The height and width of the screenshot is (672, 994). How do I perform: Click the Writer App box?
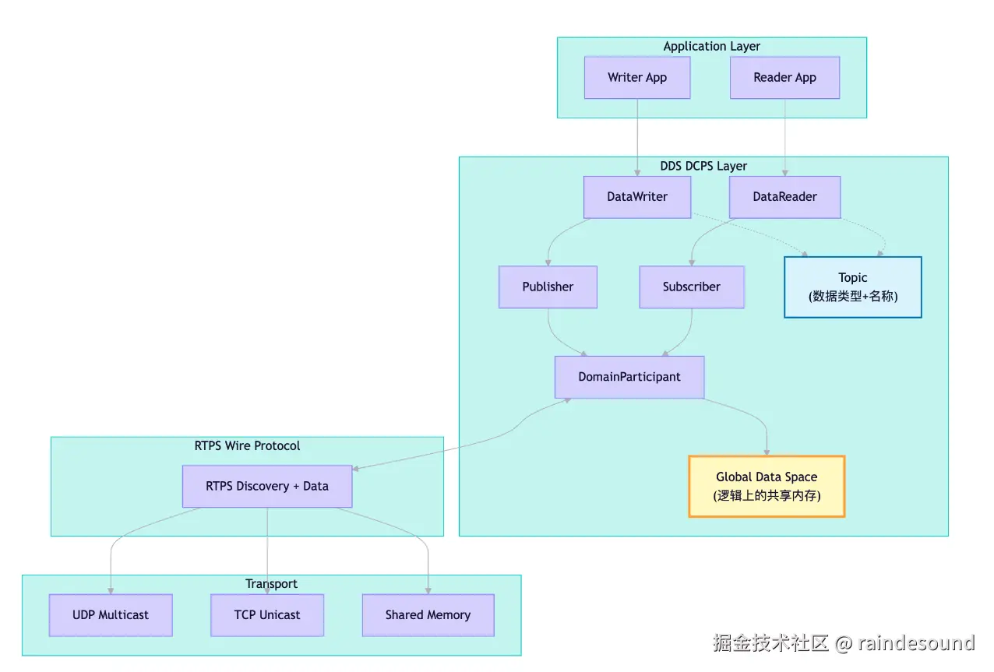tap(637, 78)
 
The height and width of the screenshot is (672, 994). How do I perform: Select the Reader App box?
tap(784, 78)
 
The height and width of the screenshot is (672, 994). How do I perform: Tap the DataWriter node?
tap(637, 197)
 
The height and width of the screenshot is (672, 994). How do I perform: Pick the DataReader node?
tap(784, 197)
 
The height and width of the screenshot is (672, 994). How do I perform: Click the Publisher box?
tap(548, 287)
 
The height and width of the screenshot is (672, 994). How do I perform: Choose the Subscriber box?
tap(692, 287)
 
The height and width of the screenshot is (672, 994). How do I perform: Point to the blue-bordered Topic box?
tap(852, 287)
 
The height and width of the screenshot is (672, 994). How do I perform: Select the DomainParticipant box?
tap(629, 377)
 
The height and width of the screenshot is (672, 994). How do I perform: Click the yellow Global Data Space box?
tap(767, 486)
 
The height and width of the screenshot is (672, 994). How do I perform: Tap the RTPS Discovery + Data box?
tap(267, 486)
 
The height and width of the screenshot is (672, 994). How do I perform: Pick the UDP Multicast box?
tap(111, 615)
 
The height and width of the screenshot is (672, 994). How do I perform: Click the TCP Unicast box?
tap(267, 615)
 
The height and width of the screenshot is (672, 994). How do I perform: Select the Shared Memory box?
tap(428, 615)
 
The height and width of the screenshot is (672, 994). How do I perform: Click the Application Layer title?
tap(711, 47)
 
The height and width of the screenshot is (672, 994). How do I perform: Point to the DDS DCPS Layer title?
tap(703, 167)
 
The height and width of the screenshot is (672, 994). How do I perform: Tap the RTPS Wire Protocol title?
tap(247, 445)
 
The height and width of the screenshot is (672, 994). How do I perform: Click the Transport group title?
tap(271, 584)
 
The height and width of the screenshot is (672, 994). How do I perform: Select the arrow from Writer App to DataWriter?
tap(637, 138)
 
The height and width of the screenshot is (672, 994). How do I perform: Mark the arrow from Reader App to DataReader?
tap(784, 138)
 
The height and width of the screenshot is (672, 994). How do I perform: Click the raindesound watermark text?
tap(916, 643)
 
